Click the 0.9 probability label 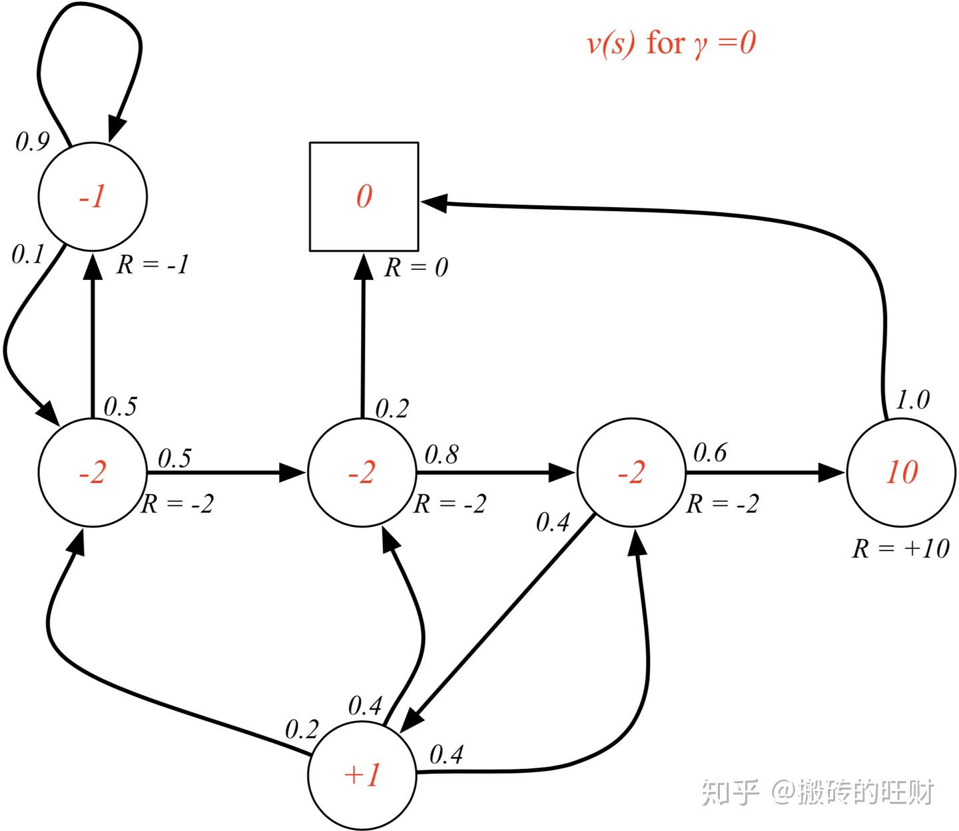32,141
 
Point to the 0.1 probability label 28,255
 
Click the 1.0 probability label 912,399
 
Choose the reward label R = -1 153,265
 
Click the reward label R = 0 416,267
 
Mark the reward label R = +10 900,548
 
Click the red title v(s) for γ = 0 671,43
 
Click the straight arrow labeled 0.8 495,472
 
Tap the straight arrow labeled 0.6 765,472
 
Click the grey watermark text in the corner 817,792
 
